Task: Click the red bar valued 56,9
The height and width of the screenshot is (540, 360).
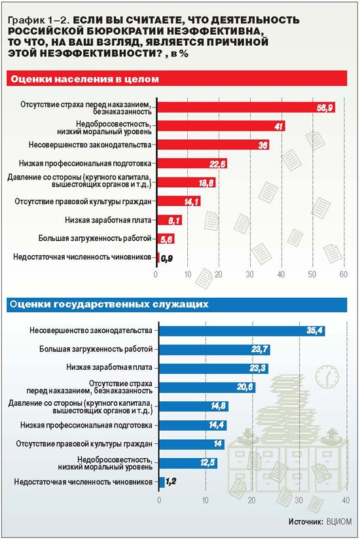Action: [246, 107]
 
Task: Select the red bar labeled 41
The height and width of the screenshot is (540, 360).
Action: [221, 126]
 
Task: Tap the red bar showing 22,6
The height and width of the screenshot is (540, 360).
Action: [192, 164]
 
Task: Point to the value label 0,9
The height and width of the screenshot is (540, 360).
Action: [167, 259]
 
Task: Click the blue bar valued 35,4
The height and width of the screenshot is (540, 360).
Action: [242, 331]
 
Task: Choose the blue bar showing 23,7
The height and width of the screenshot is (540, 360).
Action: [214, 350]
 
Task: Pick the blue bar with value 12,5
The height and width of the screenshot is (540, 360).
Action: [188, 463]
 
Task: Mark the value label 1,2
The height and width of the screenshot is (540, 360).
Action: [171, 482]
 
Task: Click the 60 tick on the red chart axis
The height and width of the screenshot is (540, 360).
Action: [344, 274]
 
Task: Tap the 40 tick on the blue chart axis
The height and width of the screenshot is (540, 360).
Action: [346, 500]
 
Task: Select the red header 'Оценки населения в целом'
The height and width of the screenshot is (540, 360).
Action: [84, 79]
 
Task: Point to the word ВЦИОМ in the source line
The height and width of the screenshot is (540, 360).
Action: [339, 522]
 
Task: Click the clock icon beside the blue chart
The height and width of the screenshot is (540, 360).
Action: [327, 376]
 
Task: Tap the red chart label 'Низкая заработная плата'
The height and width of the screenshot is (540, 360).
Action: [108, 220]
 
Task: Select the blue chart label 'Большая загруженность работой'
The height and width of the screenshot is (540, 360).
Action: [96, 350]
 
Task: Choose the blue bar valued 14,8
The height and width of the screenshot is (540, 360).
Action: [194, 406]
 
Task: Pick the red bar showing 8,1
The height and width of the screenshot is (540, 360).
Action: [170, 220]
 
